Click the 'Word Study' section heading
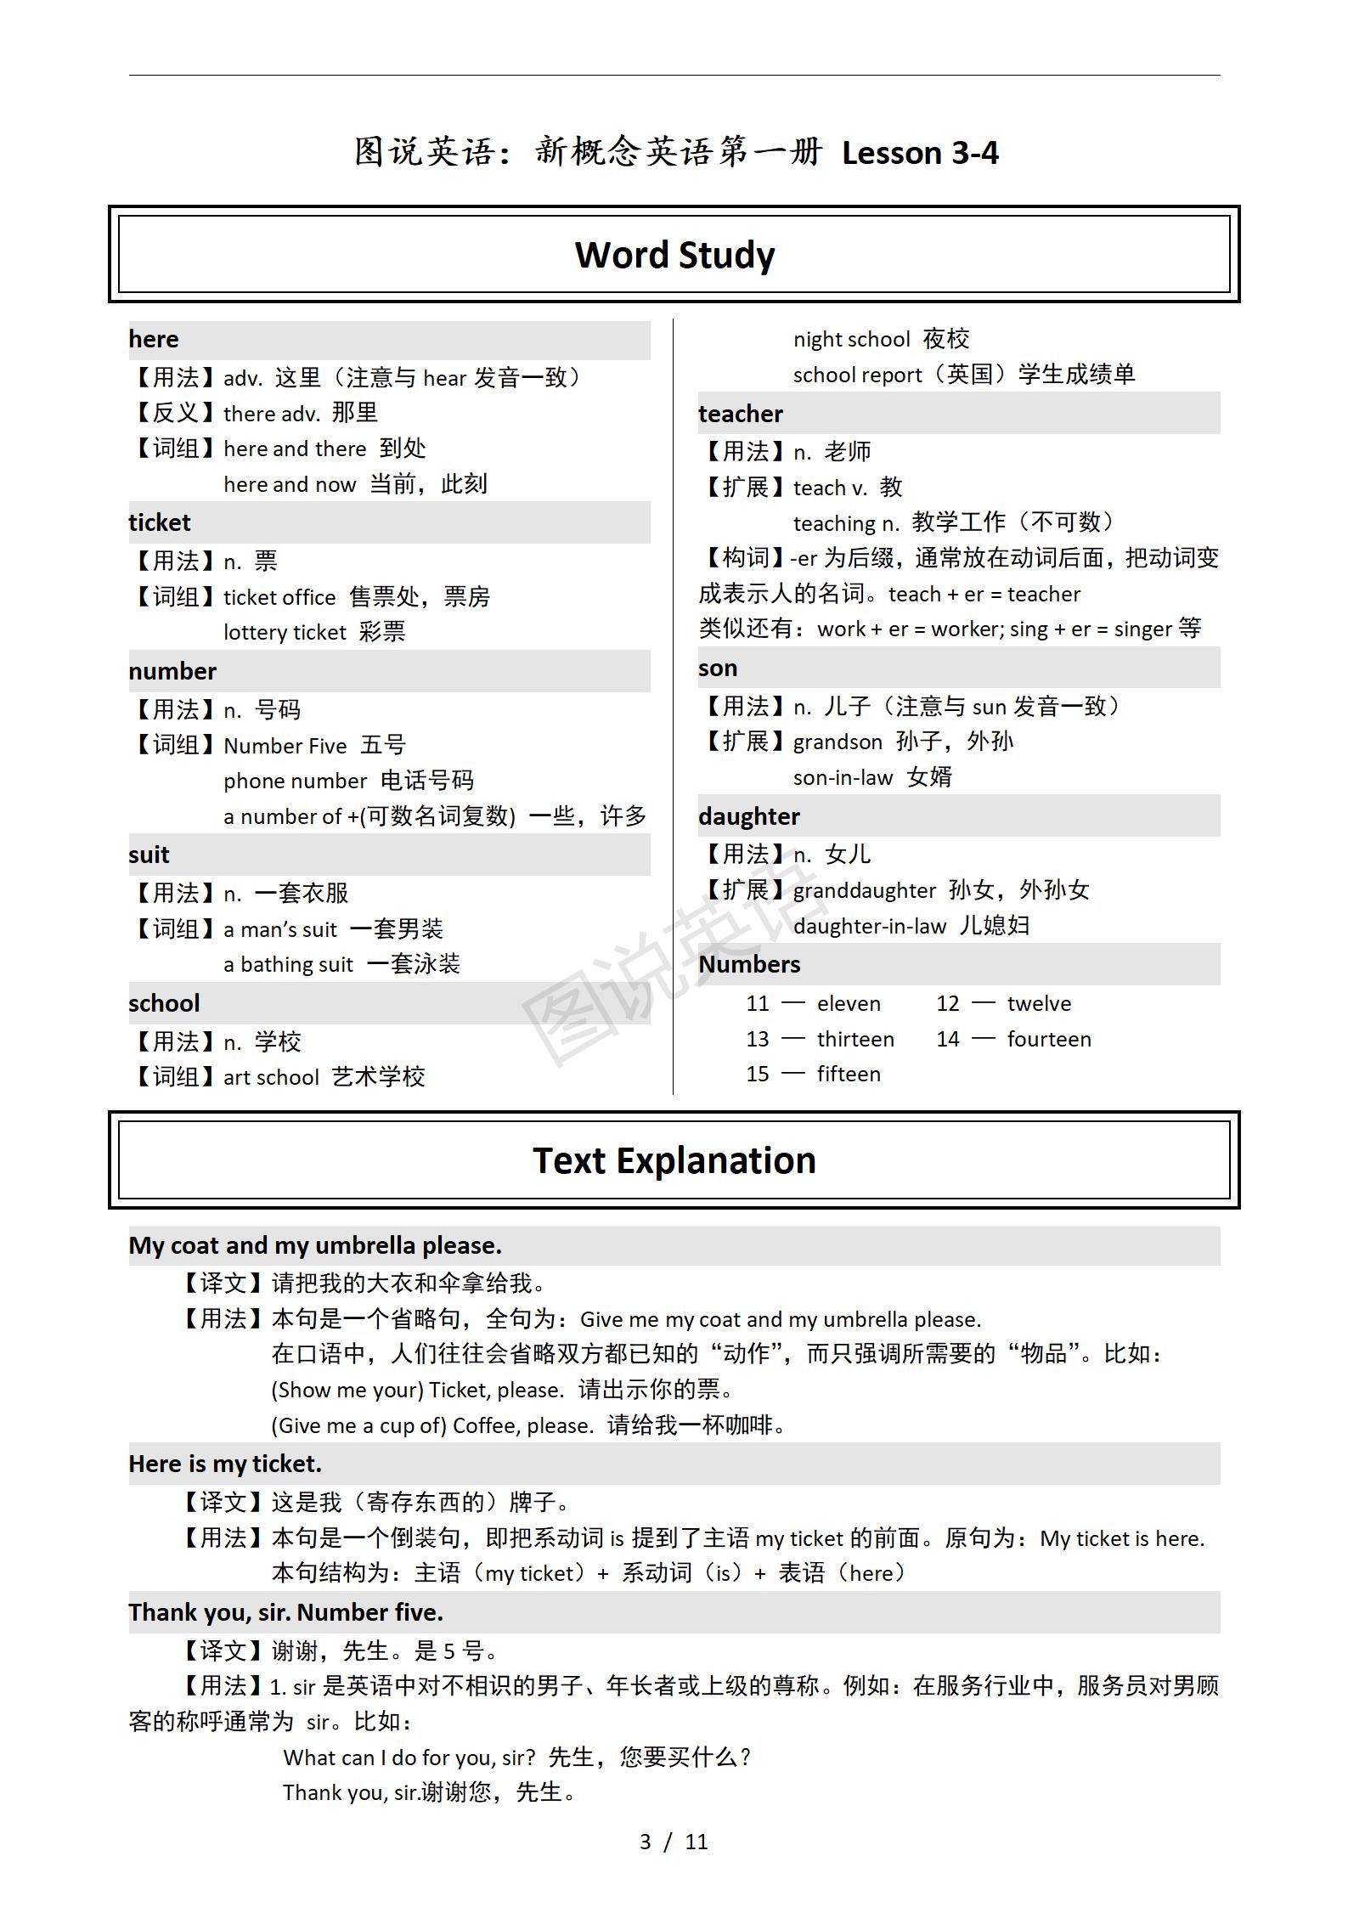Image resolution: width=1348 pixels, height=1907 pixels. click(x=674, y=255)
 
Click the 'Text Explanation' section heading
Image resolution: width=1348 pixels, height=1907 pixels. click(x=674, y=1160)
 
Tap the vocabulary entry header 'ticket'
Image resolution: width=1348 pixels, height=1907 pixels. click(x=160, y=522)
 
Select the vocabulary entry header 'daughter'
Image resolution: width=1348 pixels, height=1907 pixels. click(x=749, y=816)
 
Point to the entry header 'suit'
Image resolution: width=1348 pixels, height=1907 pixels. click(x=149, y=855)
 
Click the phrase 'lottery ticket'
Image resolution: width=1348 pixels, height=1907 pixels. click(x=285, y=632)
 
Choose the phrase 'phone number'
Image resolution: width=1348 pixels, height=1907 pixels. click(x=295, y=781)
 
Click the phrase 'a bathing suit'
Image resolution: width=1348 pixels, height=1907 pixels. click(x=288, y=964)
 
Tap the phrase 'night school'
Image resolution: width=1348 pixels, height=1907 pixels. click(x=851, y=340)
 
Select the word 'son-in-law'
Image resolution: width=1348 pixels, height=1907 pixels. click(x=843, y=777)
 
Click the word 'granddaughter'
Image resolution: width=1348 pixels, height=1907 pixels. click(x=864, y=890)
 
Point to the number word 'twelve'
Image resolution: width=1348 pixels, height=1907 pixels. click(x=1039, y=1004)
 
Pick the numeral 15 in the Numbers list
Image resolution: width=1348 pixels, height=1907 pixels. click(x=758, y=1075)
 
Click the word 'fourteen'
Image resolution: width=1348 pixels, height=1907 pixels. click(x=1049, y=1039)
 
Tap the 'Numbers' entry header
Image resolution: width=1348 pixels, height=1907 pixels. click(x=749, y=965)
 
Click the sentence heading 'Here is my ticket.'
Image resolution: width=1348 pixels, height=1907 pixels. click(x=225, y=1464)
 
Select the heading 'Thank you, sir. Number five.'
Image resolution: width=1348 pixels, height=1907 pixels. click(x=285, y=1612)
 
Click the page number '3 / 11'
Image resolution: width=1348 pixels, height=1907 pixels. click(x=674, y=1842)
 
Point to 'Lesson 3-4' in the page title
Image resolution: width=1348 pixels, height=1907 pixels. click(x=920, y=153)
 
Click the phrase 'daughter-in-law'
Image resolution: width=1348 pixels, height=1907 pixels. click(x=869, y=926)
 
